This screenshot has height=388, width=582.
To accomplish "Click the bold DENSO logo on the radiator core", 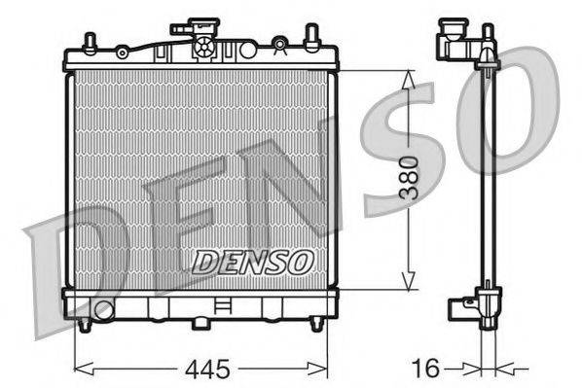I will [x=252, y=262].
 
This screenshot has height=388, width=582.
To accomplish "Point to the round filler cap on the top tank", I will [x=205, y=46].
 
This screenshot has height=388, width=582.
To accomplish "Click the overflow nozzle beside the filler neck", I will [x=180, y=30].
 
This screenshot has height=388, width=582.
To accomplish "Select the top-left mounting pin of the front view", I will [x=89, y=42].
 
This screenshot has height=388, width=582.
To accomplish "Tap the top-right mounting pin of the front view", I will [x=312, y=38].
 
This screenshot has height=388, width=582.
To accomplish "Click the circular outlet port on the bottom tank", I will [x=103, y=310].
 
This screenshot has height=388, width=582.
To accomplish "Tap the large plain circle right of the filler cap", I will [x=236, y=46].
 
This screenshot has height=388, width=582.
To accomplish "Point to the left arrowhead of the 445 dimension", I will [x=79, y=369].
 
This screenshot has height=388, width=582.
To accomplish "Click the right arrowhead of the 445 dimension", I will [x=324, y=369].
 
